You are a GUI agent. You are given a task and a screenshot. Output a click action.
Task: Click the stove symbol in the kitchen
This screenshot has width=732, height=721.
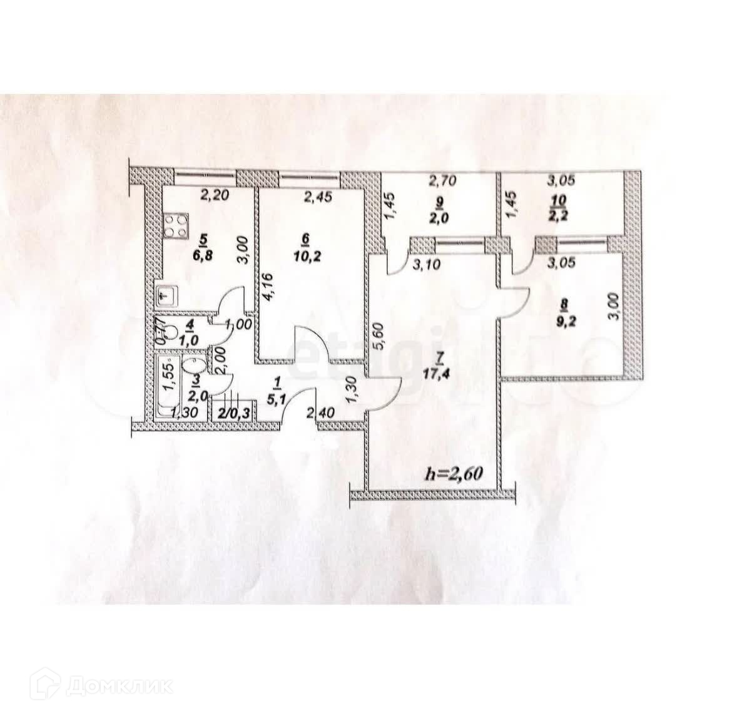pos(176,227)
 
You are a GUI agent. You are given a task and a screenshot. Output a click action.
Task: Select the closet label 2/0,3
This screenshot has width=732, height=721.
pos(230,413)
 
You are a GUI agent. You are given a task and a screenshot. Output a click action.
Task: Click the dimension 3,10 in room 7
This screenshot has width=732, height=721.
pos(427,264)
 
